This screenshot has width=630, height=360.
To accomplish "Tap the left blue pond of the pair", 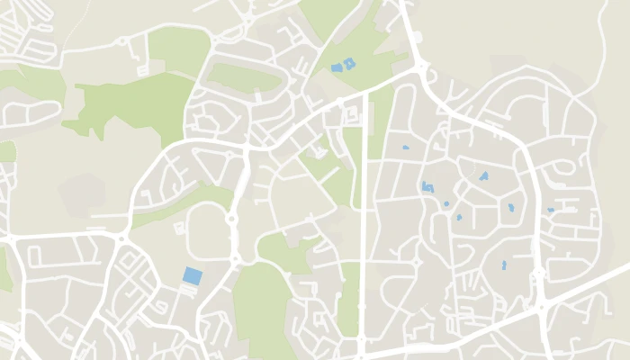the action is point(337,67).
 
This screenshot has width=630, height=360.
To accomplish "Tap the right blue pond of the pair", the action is point(349,63).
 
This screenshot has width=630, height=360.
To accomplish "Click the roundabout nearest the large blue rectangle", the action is point(235,258).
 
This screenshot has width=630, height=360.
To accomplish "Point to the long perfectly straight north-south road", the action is point(363,225).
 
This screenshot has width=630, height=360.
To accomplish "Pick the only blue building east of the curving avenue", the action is point(551,210).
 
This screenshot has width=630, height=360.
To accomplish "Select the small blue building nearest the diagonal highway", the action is point(504,265).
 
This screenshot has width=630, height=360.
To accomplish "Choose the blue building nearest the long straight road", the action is point(405,147).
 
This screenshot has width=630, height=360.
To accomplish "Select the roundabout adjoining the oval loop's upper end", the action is point(231,217).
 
